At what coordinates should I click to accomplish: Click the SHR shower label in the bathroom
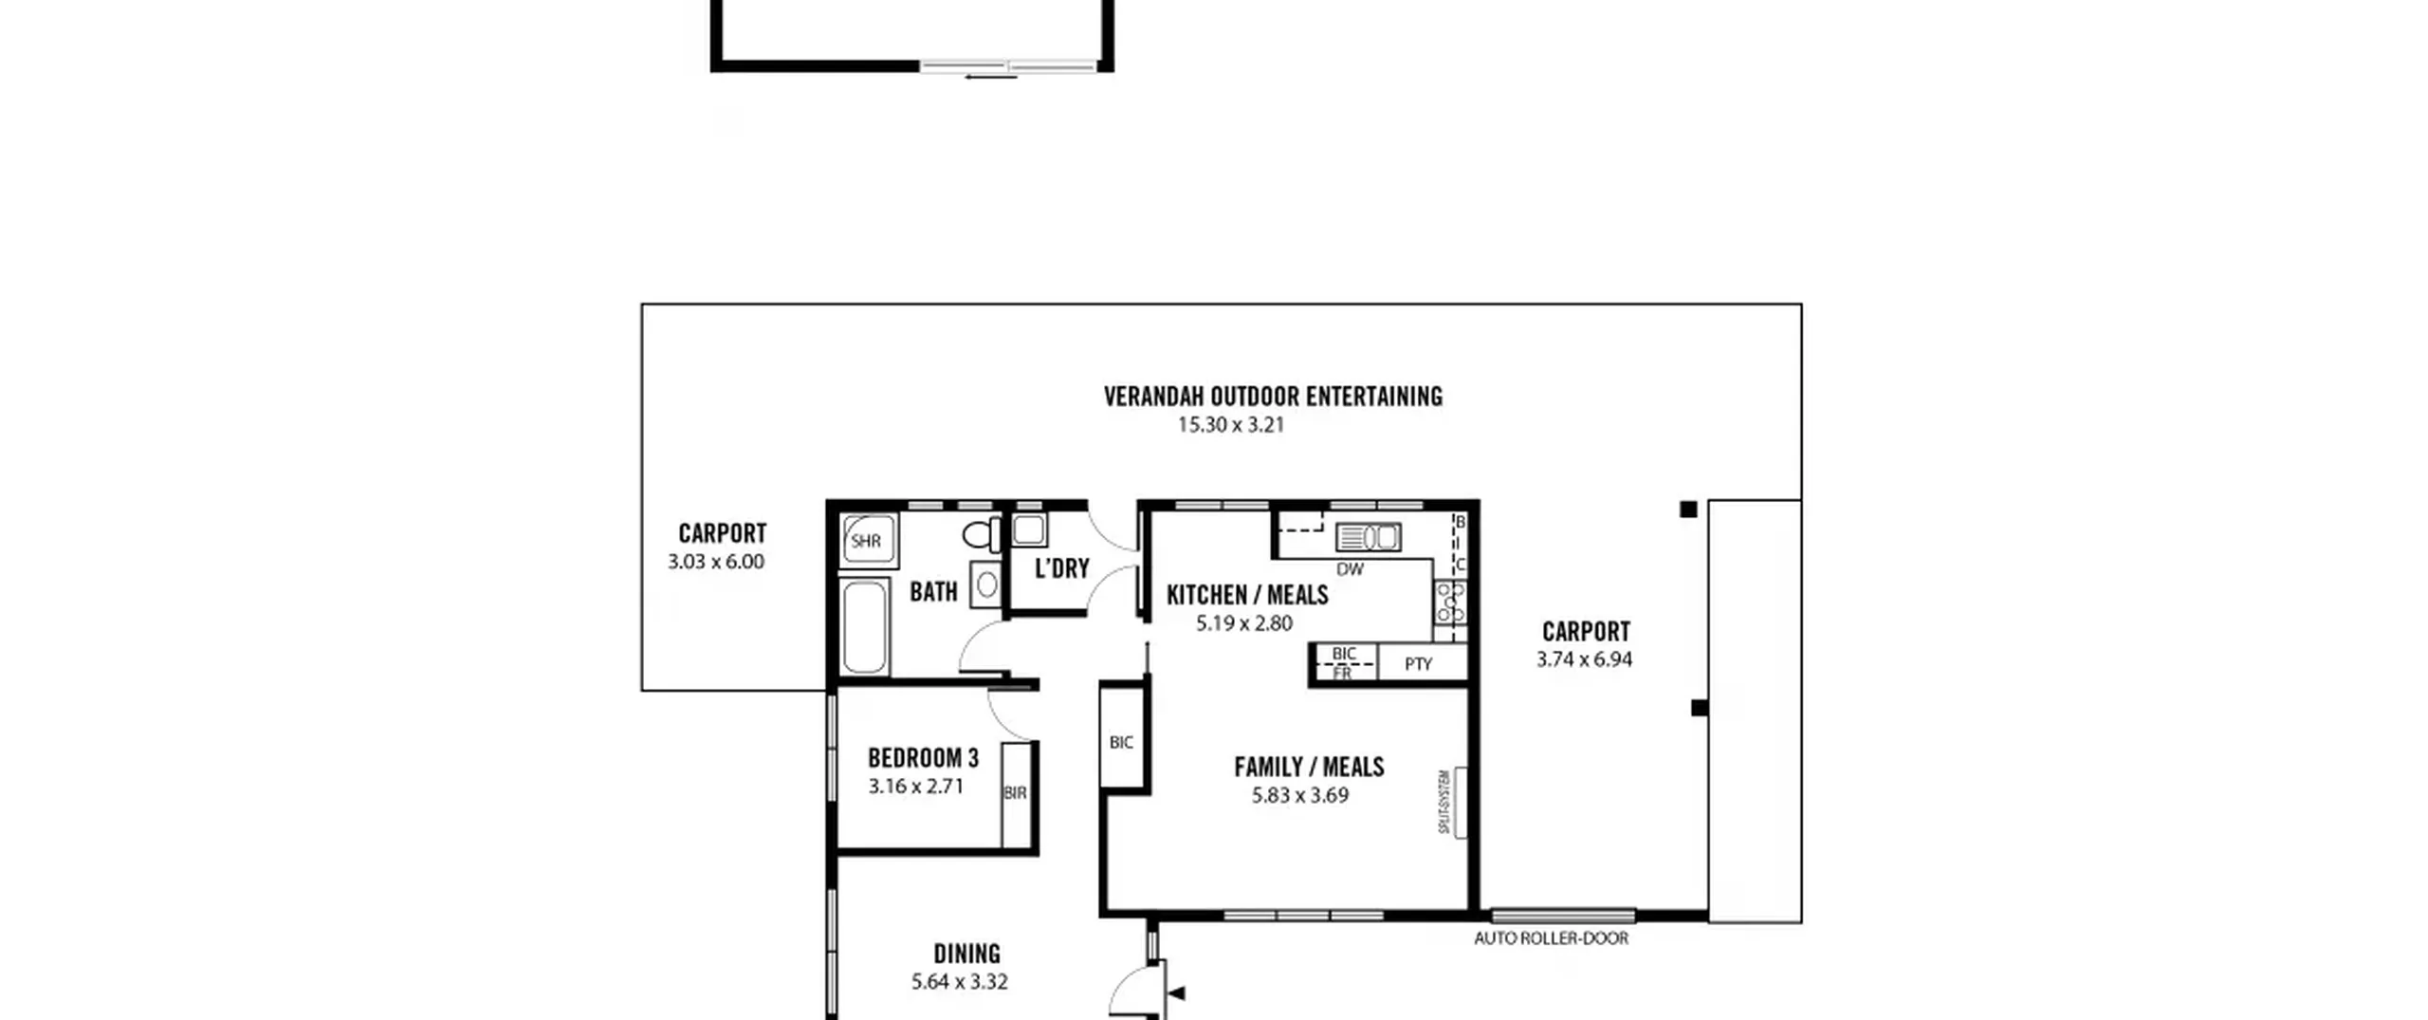click(x=866, y=542)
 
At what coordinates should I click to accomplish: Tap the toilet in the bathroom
click(x=982, y=535)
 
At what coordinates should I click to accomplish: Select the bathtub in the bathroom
click(x=864, y=627)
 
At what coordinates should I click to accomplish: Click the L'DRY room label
click(x=1062, y=568)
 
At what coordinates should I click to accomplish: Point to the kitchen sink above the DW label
click(x=1368, y=538)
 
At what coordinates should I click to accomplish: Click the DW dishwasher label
click(x=1350, y=569)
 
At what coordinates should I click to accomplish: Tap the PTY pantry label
click(x=1418, y=664)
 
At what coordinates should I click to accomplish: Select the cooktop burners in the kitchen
click(x=1450, y=603)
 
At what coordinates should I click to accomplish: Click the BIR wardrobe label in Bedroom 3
click(x=1015, y=793)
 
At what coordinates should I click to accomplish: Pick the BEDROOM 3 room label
click(x=923, y=758)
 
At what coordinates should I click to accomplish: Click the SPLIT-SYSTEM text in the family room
click(x=1444, y=802)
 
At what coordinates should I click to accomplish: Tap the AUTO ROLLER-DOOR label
click(x=1551, y=938)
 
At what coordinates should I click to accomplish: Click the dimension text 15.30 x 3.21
click(x=1231, y=425)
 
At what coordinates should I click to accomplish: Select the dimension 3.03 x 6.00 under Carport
click(x=716, y=562)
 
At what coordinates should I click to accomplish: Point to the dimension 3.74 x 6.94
click(x=1584, y=659)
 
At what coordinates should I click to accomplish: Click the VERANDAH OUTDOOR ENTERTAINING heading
click(x=1273, y=397)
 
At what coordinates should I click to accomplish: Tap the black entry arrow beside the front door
click(x=1177, y=994)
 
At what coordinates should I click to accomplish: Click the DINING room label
click(x=966, y=954)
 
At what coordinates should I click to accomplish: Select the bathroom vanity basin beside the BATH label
click(x=986, y=584)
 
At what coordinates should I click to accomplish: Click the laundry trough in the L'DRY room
click(x=1029, y=529)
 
